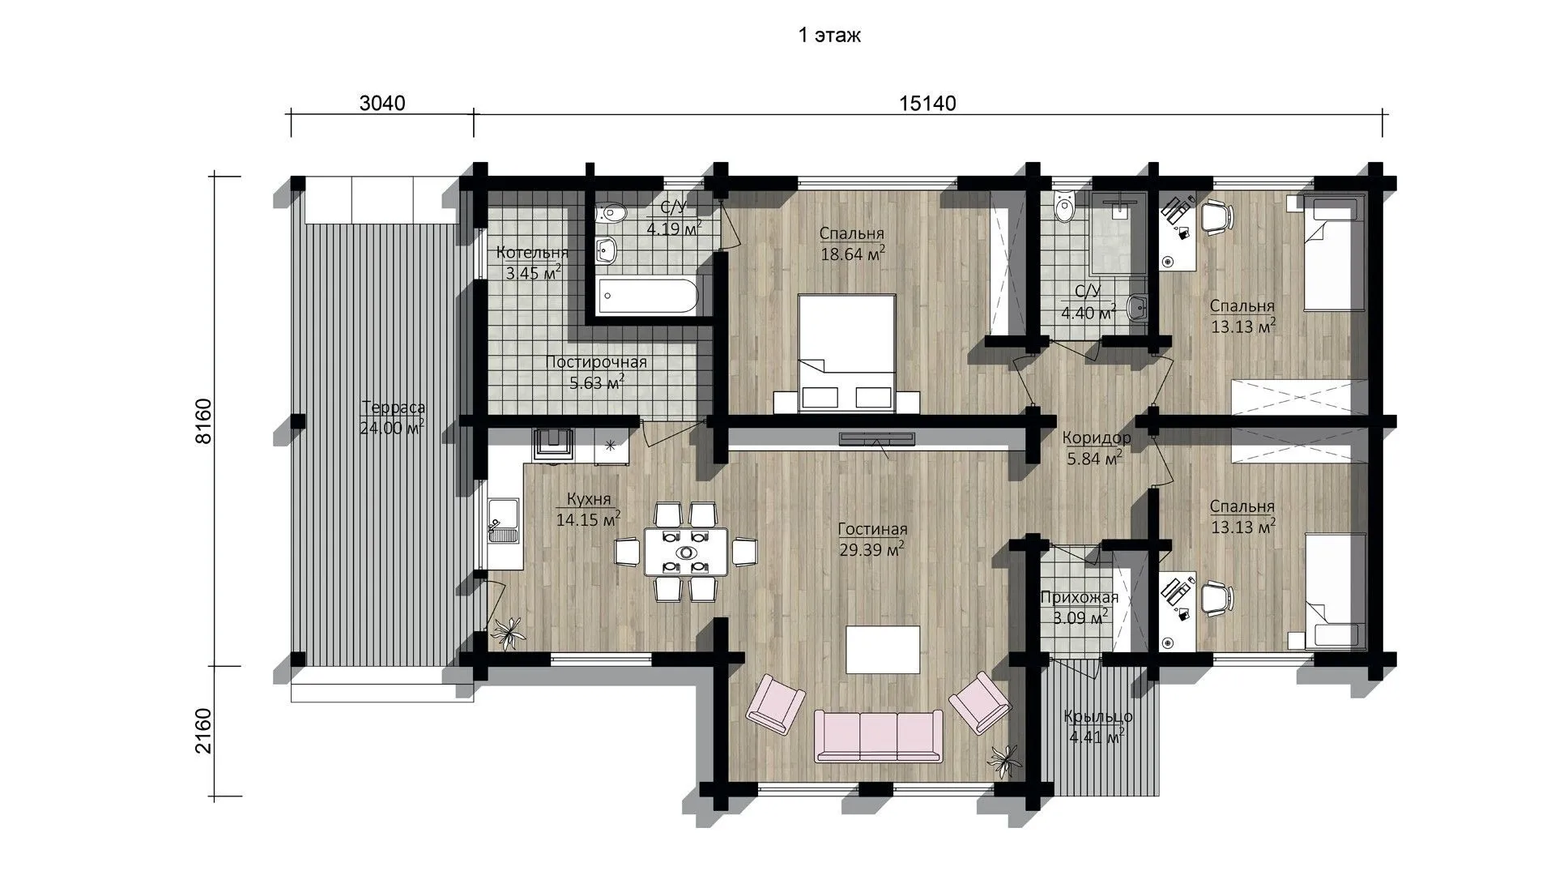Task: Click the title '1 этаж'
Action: (x=829, y=35)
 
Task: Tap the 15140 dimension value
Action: (x=927, y=104)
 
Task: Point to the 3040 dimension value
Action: (x=381, y=104)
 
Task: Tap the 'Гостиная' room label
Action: (x=872, y=529)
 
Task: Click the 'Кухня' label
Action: (x=589, y=499)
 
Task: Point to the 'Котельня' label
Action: (x=532, y=252)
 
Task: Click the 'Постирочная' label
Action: (x=596, y=362)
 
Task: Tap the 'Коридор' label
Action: (x=1096, y=438)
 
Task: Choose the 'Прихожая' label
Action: (x=1079, y=598)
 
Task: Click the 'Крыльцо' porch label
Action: (x=1098, y=717)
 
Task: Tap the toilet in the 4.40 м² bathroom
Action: (x=1063, y=208)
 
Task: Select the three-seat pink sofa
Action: (x=879, y=736)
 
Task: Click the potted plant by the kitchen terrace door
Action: (x=509, y=632)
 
